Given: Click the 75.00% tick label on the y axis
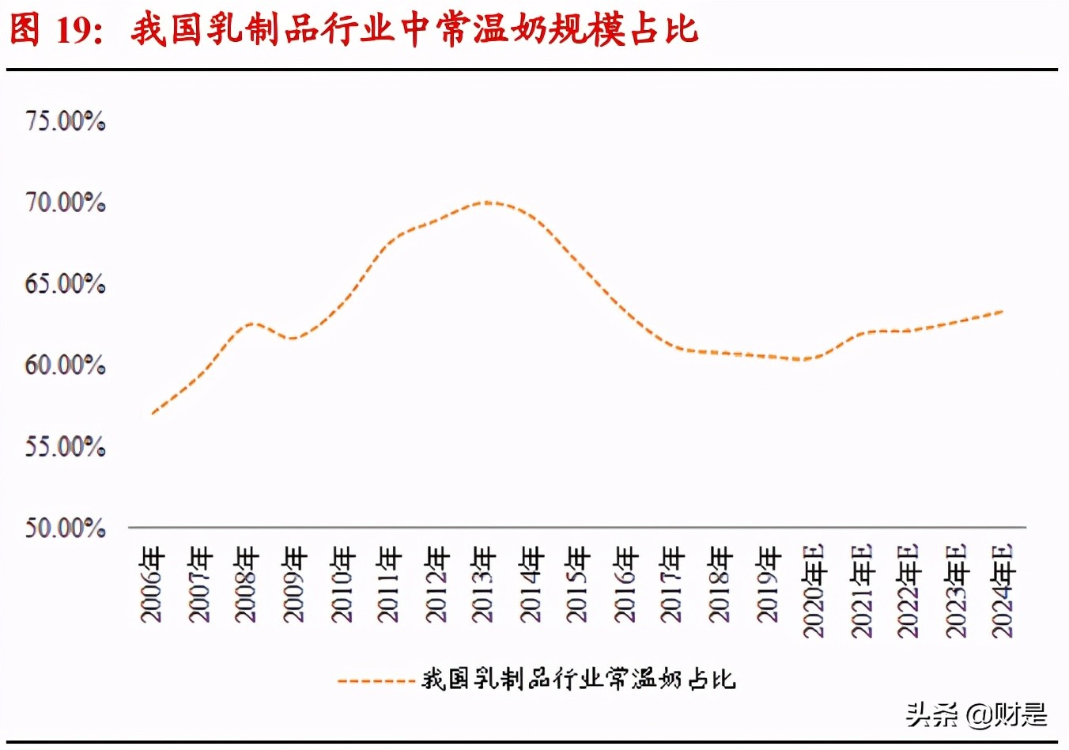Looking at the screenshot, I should click(65, 121).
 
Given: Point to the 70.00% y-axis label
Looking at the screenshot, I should click(65, 203).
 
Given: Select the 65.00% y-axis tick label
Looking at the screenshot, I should click(65, 284).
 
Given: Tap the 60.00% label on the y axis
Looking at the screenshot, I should click(65, 366).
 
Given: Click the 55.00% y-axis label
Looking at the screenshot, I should click(65, 447).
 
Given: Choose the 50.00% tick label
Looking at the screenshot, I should click(65, 528).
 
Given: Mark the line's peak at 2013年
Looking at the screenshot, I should click(485, 202).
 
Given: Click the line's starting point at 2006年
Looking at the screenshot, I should click(152, 413).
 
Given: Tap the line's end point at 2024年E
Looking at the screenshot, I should click(1003, 311).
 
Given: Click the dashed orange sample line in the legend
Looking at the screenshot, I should click(376, 680).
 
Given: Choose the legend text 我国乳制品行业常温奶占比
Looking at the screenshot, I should click(579, 680).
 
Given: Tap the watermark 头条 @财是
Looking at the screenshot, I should click(976, 714).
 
